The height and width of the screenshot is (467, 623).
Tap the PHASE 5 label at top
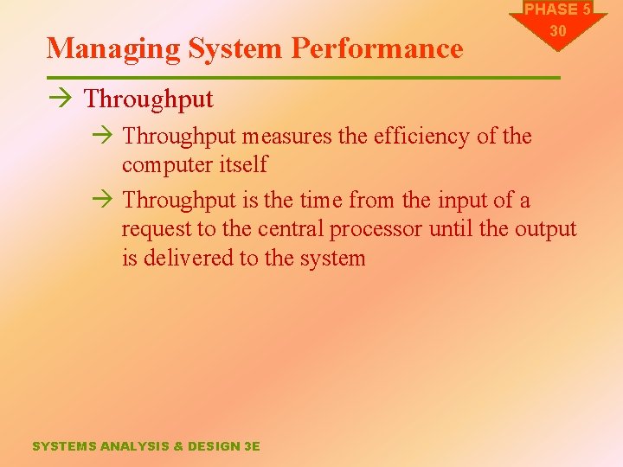(557, 10)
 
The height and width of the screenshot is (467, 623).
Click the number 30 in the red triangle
(558, 31)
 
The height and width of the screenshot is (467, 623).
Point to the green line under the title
(303, 79)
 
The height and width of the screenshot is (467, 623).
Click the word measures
(285, 136)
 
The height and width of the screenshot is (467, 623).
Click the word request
(153, 229)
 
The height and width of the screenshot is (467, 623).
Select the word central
(278, 229)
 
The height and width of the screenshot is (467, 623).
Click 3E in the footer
(251, 446)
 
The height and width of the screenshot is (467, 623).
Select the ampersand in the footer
(179, 446)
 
